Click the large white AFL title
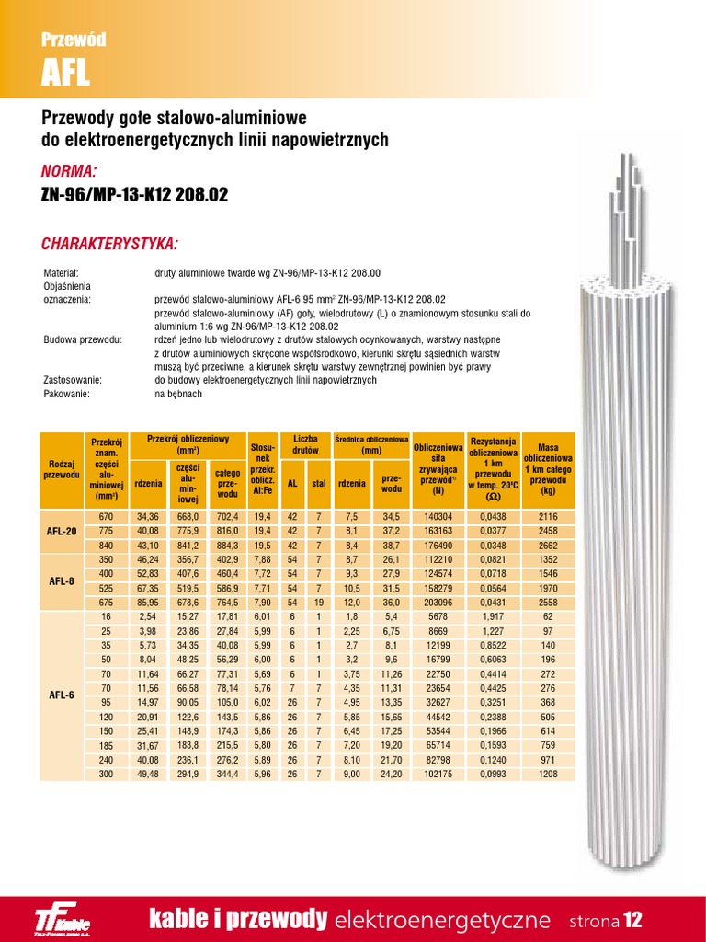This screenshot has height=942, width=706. (x=66, y=74)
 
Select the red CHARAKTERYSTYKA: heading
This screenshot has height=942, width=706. (x=109, y=244)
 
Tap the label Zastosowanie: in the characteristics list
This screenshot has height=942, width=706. (x=73, y=379)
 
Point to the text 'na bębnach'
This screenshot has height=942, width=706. (x=178, y=394)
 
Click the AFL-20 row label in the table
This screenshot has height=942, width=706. (x=62, y=532)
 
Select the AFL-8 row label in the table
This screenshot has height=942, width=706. (x=62, y=580)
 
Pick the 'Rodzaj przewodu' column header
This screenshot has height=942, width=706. (x=62, y=469)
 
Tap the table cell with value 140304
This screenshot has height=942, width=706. (x=438, y=518)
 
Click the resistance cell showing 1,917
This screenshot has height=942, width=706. (x=493, y=615)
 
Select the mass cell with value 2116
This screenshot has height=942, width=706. (x=549, y=518)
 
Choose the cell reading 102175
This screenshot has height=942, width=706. (x=438, y=774)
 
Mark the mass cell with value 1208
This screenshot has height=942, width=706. (x=549, y=774)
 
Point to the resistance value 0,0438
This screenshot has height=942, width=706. (x=493, y=518)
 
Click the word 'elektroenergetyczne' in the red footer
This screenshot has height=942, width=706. (x=443, y=920)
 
